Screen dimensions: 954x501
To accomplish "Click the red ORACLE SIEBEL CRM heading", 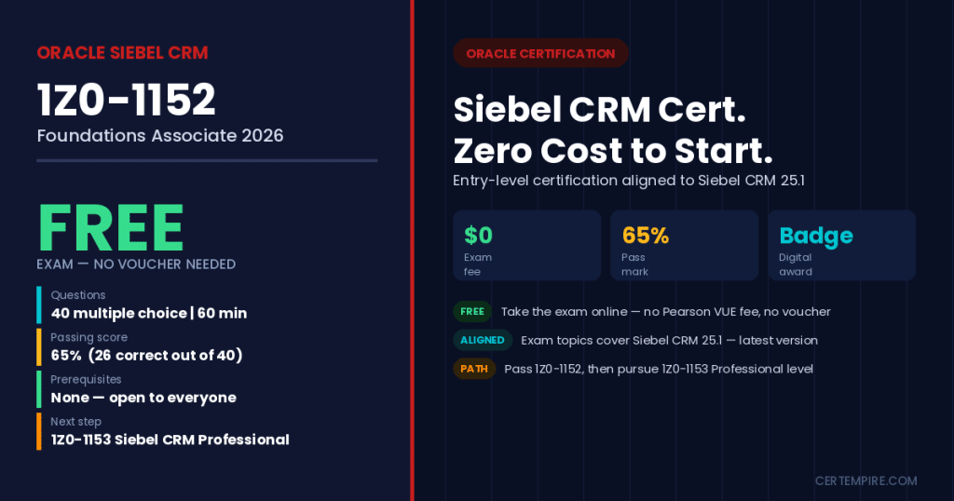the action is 122,53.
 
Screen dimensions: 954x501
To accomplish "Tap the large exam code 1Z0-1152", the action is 127,100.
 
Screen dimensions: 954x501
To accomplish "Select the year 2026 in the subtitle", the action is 262,135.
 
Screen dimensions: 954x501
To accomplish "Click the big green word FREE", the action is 111,228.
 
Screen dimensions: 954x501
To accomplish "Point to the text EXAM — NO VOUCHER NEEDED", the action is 136,264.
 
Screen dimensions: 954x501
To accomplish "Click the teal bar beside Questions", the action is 39,305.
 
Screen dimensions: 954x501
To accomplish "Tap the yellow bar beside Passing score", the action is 39,347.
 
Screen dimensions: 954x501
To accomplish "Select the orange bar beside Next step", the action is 39,432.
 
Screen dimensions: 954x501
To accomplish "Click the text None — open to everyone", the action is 143,398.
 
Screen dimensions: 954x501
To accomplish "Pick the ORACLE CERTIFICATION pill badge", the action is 540,53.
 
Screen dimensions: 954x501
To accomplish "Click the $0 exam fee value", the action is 478,236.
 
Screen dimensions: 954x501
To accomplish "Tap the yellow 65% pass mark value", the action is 646,236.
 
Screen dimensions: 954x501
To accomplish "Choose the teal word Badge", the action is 816,236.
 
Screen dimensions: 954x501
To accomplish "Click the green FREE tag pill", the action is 472,311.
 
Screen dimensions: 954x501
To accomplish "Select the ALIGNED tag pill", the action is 483,340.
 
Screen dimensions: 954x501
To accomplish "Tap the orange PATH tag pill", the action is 474,369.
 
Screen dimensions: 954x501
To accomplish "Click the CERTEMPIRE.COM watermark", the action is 865,481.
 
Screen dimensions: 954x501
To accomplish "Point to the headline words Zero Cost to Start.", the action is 613,151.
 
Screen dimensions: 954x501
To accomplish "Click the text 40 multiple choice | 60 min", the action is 149,313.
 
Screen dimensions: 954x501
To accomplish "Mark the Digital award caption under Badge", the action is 796,264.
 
